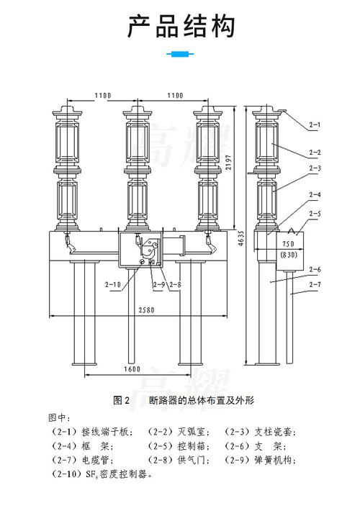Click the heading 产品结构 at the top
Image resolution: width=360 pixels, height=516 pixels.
[180, 27]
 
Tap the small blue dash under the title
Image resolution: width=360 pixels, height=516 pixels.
[180, 54]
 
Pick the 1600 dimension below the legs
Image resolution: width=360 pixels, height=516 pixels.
[130, 368]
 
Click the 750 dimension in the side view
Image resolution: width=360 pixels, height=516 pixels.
[288, 244]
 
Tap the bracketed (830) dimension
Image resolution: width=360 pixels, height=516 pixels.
[288, 255]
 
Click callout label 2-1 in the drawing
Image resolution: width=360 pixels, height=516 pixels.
[315, 125]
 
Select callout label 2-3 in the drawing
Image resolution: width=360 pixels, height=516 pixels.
[315, 168]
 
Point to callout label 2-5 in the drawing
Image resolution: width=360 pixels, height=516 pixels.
[315, 213]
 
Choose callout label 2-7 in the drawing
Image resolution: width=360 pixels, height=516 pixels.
[315, 285]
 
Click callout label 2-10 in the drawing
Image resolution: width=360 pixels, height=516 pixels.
[113, 285]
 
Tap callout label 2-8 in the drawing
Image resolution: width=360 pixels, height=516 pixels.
[174, 285]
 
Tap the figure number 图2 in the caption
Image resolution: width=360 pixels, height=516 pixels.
[121, 399]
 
